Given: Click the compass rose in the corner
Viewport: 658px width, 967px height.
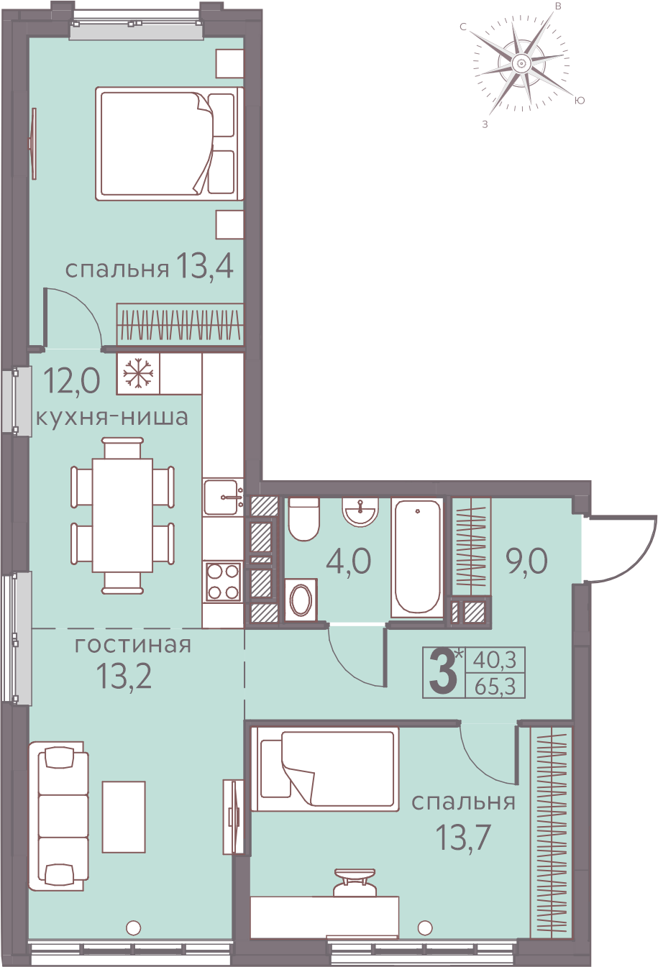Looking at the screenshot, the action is pos(521,64).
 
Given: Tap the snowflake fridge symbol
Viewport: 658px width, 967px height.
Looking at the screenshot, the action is pos(138,373).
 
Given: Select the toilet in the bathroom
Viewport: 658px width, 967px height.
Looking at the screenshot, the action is pos(303,519).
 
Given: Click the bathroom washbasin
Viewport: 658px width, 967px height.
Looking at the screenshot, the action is pos(360,513).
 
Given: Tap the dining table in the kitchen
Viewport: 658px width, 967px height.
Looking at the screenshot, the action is pos(123,515).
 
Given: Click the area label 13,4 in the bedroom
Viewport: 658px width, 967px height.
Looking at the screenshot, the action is pos(205,266).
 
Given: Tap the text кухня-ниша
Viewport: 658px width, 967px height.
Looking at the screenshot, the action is pos(112,418).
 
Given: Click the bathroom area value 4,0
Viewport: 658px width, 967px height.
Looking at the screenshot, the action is pos(349,562).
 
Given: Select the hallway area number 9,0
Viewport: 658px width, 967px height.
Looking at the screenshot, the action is pos(526,562).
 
